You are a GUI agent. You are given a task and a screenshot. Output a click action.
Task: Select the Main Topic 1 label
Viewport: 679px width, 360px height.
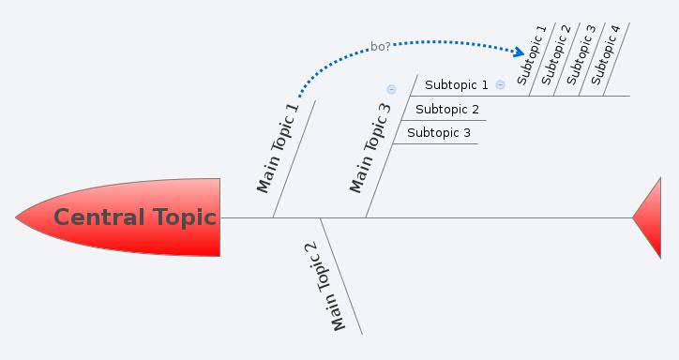point(278,148)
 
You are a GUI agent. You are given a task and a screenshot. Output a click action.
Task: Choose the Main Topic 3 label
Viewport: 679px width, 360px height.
point(370,148)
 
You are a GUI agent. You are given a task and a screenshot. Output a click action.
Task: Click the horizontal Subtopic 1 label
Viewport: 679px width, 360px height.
point(456,85)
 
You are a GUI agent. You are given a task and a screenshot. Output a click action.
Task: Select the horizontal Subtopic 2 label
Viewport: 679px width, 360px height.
point(447,110)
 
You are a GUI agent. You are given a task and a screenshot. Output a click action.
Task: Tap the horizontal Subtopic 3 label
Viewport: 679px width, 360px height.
point(439,133)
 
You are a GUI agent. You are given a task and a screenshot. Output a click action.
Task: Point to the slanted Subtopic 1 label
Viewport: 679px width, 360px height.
point(532,54)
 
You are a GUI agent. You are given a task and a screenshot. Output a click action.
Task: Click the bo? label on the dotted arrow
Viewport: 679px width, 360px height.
point(381,46)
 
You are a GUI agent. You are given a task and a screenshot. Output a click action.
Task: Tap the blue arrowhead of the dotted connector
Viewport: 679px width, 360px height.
point(520,51)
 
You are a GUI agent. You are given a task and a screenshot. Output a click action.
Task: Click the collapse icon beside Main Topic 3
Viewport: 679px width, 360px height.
point(391,90)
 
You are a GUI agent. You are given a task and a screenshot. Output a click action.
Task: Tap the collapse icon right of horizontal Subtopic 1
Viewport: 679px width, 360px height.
point(500,84)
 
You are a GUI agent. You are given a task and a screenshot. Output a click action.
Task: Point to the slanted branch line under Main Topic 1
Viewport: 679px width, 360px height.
point(294,159)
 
